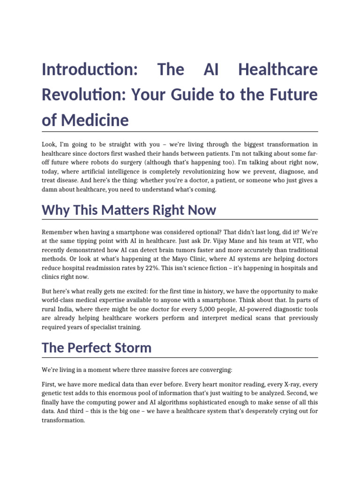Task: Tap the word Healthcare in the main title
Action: [278, 70]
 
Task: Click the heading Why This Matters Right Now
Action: [129, 210]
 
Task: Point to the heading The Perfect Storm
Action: [97, 348]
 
